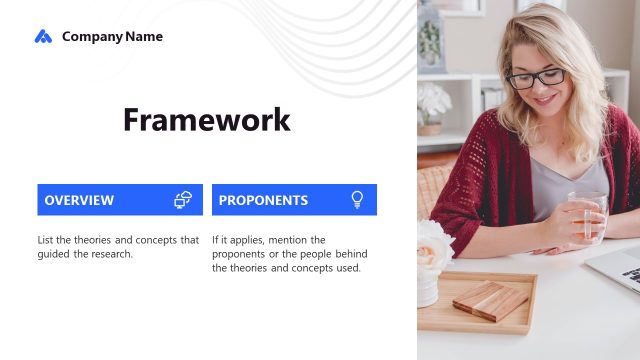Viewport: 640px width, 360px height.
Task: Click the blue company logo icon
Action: coord(43,37)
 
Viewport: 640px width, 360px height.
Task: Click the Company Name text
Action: coord(112,37)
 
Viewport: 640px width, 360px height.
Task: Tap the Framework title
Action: coord(207,120)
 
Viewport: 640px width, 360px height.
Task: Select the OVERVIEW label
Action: coord(79,200)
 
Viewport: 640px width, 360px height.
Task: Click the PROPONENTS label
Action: coord(263,200)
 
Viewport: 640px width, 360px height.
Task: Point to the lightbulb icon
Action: coord(357,200)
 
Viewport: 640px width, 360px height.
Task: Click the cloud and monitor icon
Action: coord(183,200)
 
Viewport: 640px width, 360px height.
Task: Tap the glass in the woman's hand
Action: coord(589,215)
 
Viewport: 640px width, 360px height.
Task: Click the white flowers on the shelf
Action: coord(433,101)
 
